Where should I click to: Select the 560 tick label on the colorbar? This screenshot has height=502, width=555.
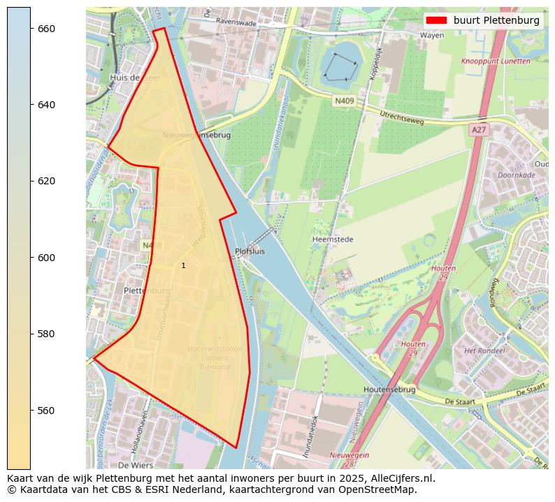pos(46,410)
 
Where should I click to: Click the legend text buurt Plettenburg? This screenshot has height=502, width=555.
pos(496,20)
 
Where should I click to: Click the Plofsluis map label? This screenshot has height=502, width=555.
pos(250,251)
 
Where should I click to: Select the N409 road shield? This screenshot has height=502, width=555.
pos(345,101)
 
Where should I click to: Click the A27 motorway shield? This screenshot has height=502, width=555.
pos(478,130)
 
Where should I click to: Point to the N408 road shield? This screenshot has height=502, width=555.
pos(152,246)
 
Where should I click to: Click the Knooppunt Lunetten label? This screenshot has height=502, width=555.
pos(495,61)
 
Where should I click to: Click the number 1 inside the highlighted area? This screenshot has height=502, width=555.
pos(183,265)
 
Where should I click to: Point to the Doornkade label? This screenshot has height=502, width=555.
pos(516,175)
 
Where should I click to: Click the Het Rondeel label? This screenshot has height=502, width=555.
pos(480,350)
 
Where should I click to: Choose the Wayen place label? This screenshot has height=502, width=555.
pos(432,35)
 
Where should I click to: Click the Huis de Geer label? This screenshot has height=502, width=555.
pos(135,77)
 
